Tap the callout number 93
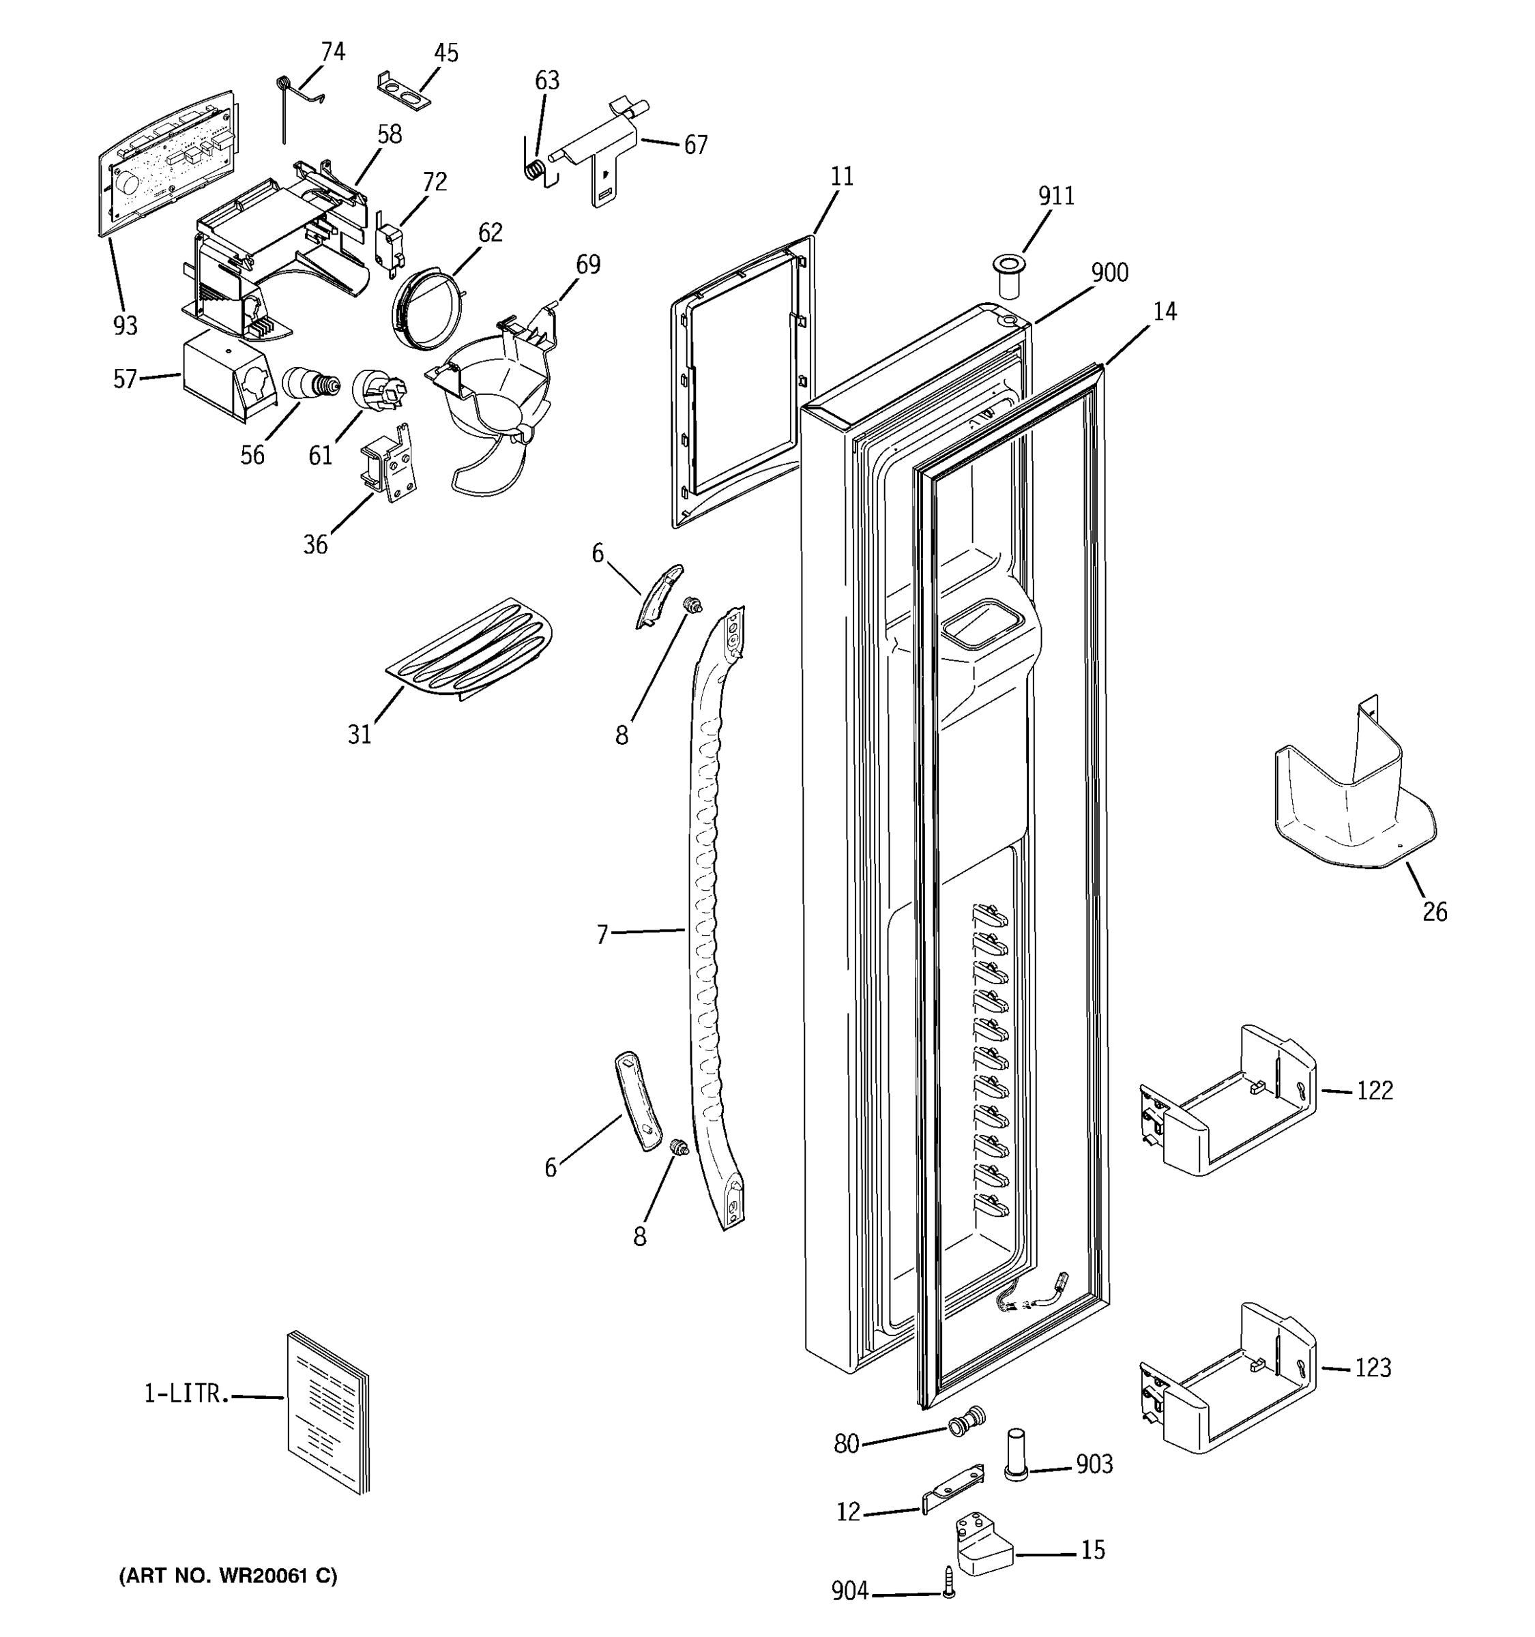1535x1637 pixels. (x=125, y=326)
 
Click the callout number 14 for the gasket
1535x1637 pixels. (x=1165, y=312)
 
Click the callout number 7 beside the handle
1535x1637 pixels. (x=602, y=934)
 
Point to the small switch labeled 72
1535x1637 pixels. (x=386, y=242)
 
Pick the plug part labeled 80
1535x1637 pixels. (x=966, y=1424)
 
